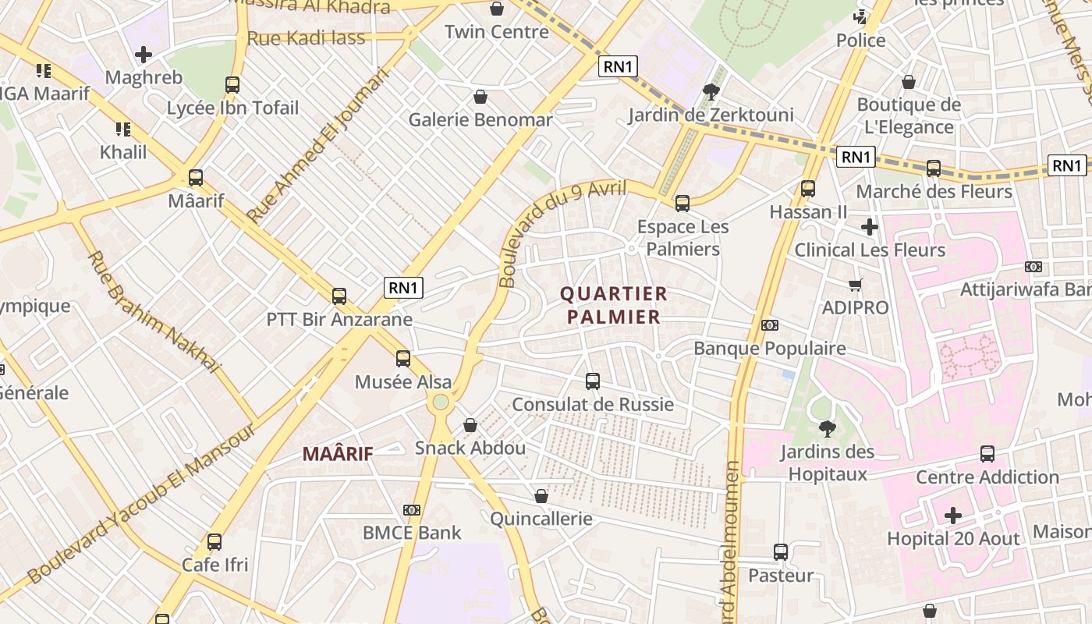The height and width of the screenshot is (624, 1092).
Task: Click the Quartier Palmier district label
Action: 614,305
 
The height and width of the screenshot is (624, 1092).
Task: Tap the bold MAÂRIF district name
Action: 338,453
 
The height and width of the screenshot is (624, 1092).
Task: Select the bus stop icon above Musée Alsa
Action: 402,359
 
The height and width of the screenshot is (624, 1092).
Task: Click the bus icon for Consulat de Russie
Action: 593,381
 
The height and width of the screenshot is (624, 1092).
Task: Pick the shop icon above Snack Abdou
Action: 470,425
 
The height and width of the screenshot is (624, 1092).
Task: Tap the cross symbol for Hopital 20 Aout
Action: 952,516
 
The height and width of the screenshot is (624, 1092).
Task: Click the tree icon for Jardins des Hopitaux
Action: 827,428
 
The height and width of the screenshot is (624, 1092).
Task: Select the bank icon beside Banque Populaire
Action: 769,325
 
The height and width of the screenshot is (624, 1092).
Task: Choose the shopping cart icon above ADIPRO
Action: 856,285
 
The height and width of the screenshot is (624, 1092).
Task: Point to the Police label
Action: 861,41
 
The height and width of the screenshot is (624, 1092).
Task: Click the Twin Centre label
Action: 497,32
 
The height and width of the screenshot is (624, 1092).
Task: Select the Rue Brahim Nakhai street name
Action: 154,310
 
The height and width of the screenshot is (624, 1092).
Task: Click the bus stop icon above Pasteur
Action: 781,552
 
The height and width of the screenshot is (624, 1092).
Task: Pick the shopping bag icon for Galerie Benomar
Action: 480,97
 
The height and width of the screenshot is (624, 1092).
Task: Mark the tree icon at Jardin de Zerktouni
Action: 711,92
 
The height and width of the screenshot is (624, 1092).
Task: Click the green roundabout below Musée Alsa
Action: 441,402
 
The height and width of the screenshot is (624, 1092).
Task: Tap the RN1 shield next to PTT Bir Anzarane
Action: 403,288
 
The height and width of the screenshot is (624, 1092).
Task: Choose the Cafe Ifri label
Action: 214,564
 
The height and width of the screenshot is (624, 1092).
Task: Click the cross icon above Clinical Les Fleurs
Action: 870,227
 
